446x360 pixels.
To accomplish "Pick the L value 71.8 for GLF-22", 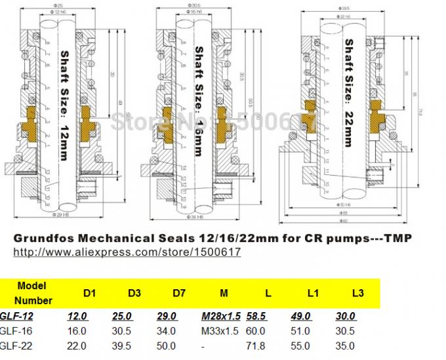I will [256, 346].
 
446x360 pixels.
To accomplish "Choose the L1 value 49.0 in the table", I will [300, 316].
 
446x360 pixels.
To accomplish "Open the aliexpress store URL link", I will [127, 252].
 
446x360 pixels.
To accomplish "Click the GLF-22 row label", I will [14, 346].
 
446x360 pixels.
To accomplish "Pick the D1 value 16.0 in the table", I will [77, 331].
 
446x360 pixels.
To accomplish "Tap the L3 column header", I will [357, 293].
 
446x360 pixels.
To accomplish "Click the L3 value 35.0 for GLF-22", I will [344, 346].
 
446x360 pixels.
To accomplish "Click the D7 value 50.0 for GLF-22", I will [168, 346].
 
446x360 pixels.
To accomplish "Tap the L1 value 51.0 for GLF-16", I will [300, 331].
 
